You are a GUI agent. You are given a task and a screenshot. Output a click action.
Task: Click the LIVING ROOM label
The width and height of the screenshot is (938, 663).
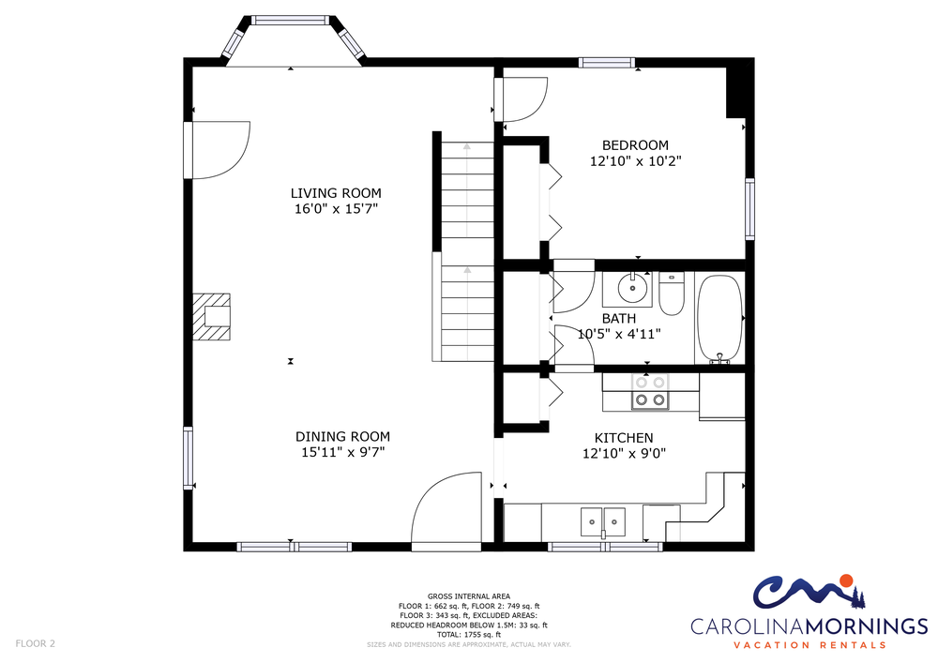(336, 193)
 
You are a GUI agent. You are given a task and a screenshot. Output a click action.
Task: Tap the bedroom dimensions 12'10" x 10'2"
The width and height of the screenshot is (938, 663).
(635, 160)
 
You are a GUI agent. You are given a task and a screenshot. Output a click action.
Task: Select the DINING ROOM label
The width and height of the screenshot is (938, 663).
(342, 436)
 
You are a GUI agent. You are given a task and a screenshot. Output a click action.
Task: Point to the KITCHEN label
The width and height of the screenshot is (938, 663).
(624, 438)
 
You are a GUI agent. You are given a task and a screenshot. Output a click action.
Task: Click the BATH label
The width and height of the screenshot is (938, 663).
(618, 318)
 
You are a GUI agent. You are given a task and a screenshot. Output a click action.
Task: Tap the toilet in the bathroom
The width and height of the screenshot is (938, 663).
(672, 294)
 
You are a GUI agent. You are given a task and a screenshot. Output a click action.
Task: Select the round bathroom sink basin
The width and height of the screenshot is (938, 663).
(632, 289)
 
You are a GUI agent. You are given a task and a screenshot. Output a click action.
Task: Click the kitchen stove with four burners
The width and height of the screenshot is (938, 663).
(650, 392)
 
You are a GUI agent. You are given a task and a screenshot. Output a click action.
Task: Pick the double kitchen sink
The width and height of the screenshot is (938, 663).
(603, 521)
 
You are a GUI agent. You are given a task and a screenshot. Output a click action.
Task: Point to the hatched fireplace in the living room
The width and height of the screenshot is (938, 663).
(211, 316)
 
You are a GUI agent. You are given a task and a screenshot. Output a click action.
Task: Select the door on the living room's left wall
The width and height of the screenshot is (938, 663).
(218, 149)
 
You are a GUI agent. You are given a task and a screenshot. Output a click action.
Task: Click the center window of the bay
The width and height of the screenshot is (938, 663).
(290, 21)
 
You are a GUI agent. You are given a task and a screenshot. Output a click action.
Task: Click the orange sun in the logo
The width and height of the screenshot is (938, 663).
(846, 580)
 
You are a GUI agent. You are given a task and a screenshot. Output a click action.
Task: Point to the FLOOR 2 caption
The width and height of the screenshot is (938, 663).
(36, 643)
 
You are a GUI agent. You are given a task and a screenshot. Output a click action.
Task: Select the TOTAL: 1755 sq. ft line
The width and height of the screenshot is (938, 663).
(468, 634)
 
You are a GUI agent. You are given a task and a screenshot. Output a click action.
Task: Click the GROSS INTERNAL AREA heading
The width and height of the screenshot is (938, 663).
(468, 596)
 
